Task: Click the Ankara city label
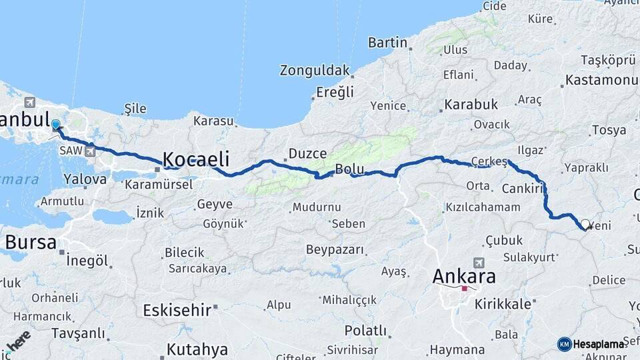point(464,275)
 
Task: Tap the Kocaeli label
point(196,159)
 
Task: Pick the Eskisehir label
point(177,309)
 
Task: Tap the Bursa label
point(31,242)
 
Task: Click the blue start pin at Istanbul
point(55,125)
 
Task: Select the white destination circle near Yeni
point(585,224)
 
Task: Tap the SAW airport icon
point(90,151)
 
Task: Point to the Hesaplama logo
point(591,344)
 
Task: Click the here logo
point(18,341)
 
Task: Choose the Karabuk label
point(471,105)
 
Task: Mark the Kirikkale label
point(503,304)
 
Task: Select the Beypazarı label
point(335,250)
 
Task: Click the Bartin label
point(387,43)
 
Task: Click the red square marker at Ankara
point(465,289)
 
